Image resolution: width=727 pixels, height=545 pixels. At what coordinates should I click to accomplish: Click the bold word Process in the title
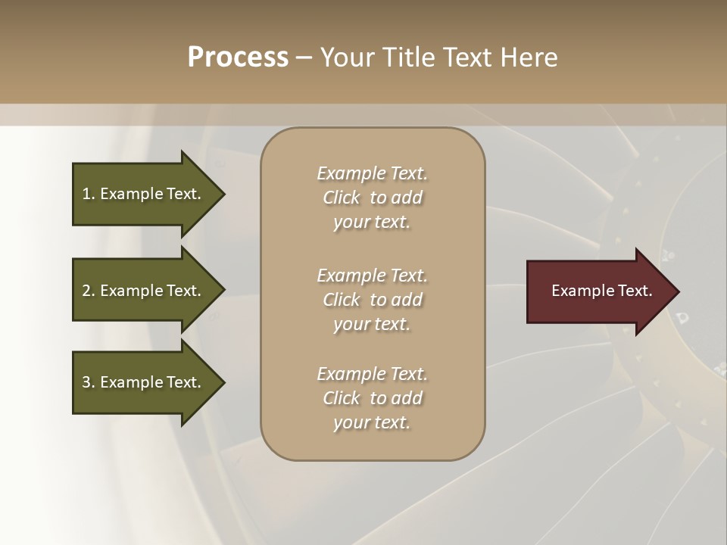pyautogui.click(x=238, y=58)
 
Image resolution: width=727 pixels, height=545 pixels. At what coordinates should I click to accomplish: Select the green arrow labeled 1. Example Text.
pyautogui.click(x=144, y=194)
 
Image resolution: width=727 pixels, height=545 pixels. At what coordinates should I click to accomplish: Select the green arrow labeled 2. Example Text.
pyautogui.click(x=144, y=291)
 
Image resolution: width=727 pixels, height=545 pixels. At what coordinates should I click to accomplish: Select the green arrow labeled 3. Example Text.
pyautogui.click(x=144, y=382)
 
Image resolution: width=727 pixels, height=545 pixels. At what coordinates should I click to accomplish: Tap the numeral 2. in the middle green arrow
pyautogui.click(x=88, y=291)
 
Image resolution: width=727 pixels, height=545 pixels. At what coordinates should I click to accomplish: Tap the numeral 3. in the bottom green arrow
pyautogui.click(x=88, y=382)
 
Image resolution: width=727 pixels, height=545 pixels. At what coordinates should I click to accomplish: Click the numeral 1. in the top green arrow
pyautogui.click(x=88, y=194)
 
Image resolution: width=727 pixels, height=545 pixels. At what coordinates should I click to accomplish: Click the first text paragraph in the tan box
pyautogui.click(x=372, y=198)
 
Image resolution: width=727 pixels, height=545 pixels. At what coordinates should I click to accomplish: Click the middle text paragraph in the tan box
pyautogui.click(x=372, y=300)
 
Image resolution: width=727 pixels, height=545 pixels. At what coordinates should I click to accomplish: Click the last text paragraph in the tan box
pyautogui.click(x=372, y=398)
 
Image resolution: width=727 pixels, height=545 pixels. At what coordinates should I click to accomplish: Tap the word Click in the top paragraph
pyautogui.click(x=342, y=198)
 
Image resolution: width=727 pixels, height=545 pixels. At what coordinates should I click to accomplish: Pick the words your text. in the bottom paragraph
pyautogui.click(x=372, y=423)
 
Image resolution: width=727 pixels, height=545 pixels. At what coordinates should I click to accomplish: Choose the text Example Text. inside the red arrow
pyautogui.click(x=601, y=291)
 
